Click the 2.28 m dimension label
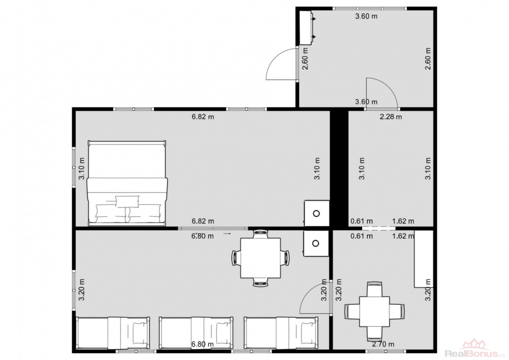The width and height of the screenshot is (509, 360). (391, 116)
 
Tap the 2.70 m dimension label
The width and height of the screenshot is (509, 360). (383, 344)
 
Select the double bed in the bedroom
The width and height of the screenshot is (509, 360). (127, 183)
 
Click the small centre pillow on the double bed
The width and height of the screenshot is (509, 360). (128, 201)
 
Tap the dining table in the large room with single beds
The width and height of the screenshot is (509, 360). (260, 258)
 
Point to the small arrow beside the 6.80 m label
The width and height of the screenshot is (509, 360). (227, 233)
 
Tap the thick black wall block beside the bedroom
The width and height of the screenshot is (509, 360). (339, 167)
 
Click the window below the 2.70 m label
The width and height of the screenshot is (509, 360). (385, 351)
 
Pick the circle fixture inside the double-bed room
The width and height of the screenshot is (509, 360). (317, 213)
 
